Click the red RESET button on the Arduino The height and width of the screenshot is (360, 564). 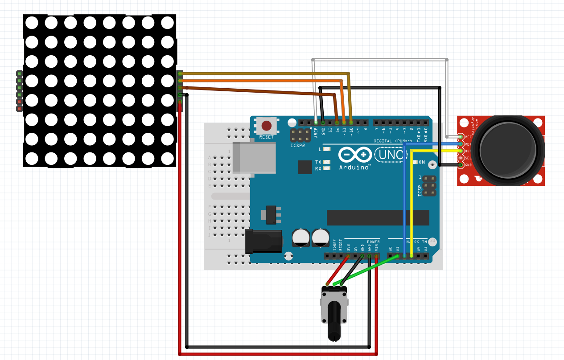point(267,126)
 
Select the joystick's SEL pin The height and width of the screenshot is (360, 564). point(461,158)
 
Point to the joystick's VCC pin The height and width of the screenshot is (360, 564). point(461,137)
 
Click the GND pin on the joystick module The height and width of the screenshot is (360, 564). point(461,165)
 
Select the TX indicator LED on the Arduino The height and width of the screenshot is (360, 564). point(327,162)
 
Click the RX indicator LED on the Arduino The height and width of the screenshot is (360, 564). point(327,168)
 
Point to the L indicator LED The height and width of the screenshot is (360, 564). point(327,149)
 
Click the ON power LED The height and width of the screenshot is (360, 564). point(415,162)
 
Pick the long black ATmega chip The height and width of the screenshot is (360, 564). point(378,218)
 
